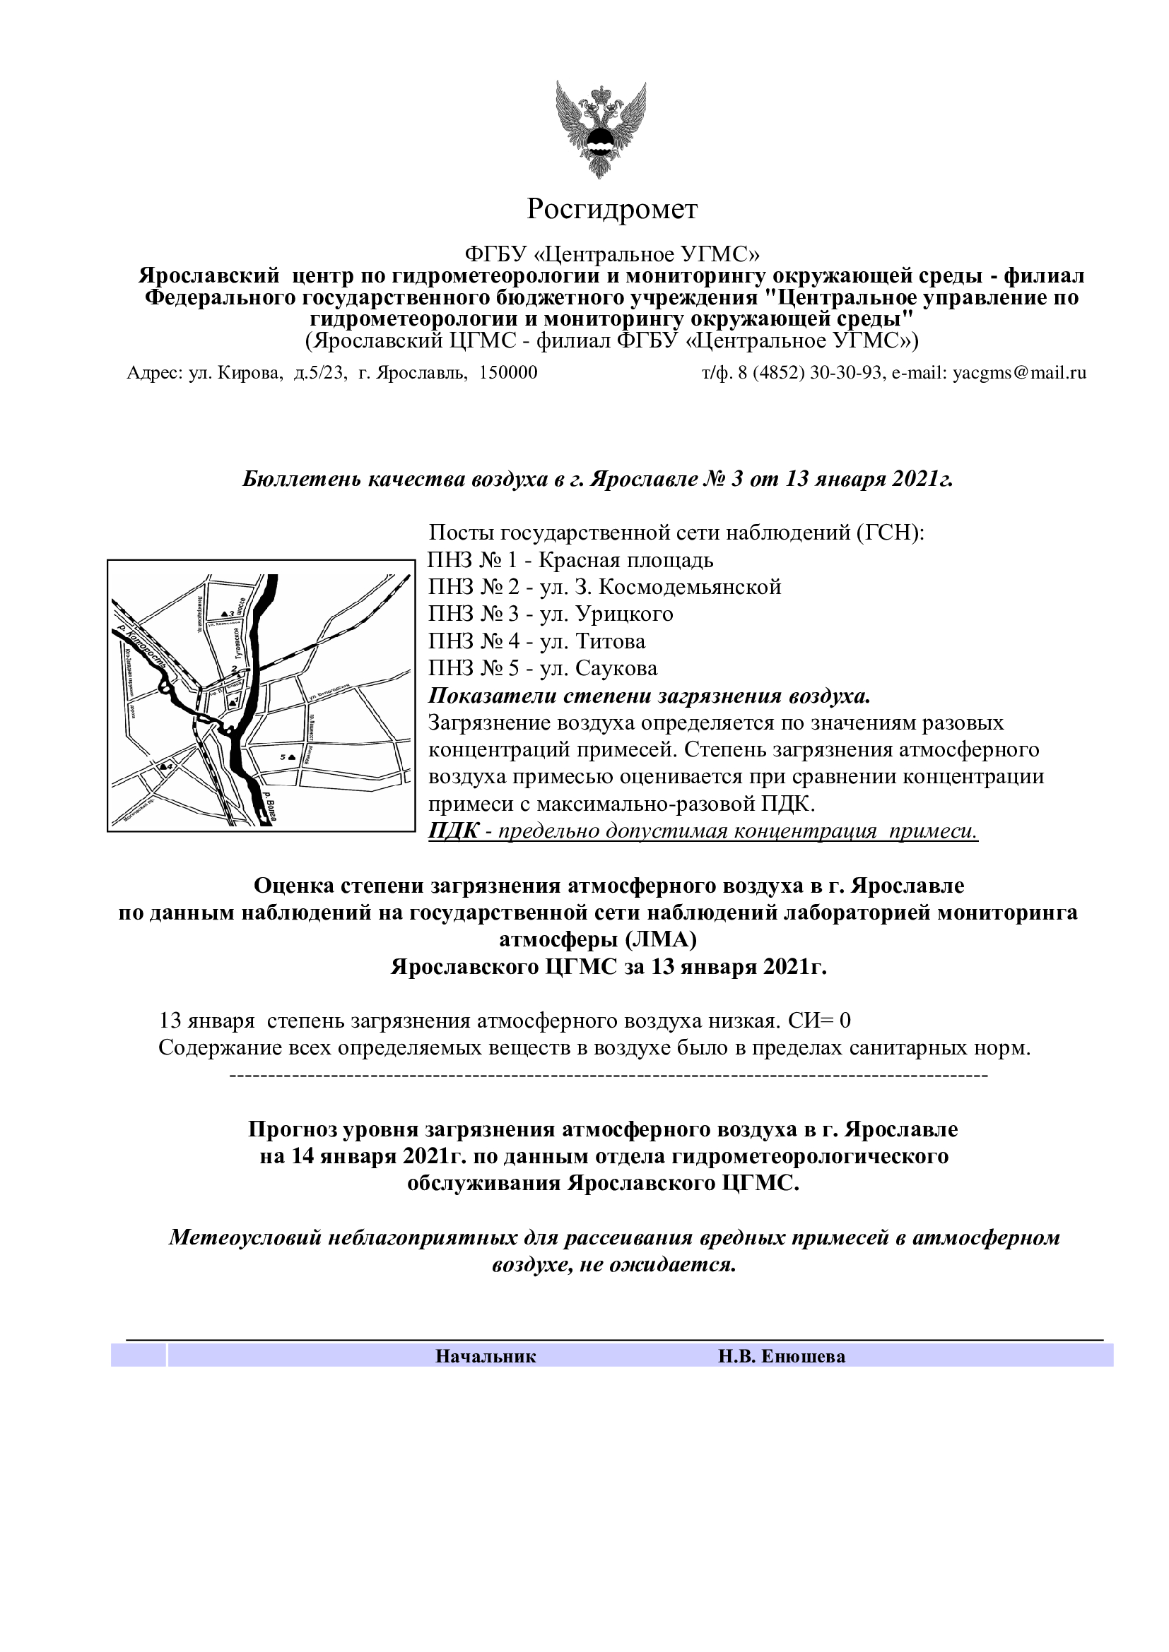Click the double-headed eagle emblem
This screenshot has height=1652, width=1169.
(600, 129)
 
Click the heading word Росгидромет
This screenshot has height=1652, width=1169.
(612, 209)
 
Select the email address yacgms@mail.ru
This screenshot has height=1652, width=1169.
(1019, 373)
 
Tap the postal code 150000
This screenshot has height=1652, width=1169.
(508, 373)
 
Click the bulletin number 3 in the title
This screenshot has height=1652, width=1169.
(736, 479)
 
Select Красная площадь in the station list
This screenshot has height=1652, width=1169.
(625, 560)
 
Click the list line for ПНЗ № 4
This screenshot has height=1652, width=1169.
(536, 641)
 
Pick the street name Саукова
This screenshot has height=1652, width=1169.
(616, 668)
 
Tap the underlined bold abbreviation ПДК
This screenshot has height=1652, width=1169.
(453, 831)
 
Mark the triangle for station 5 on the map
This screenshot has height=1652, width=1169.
(290, 757)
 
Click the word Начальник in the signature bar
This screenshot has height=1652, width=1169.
(485, 1356)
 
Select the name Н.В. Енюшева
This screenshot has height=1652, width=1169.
(781, 1356)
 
